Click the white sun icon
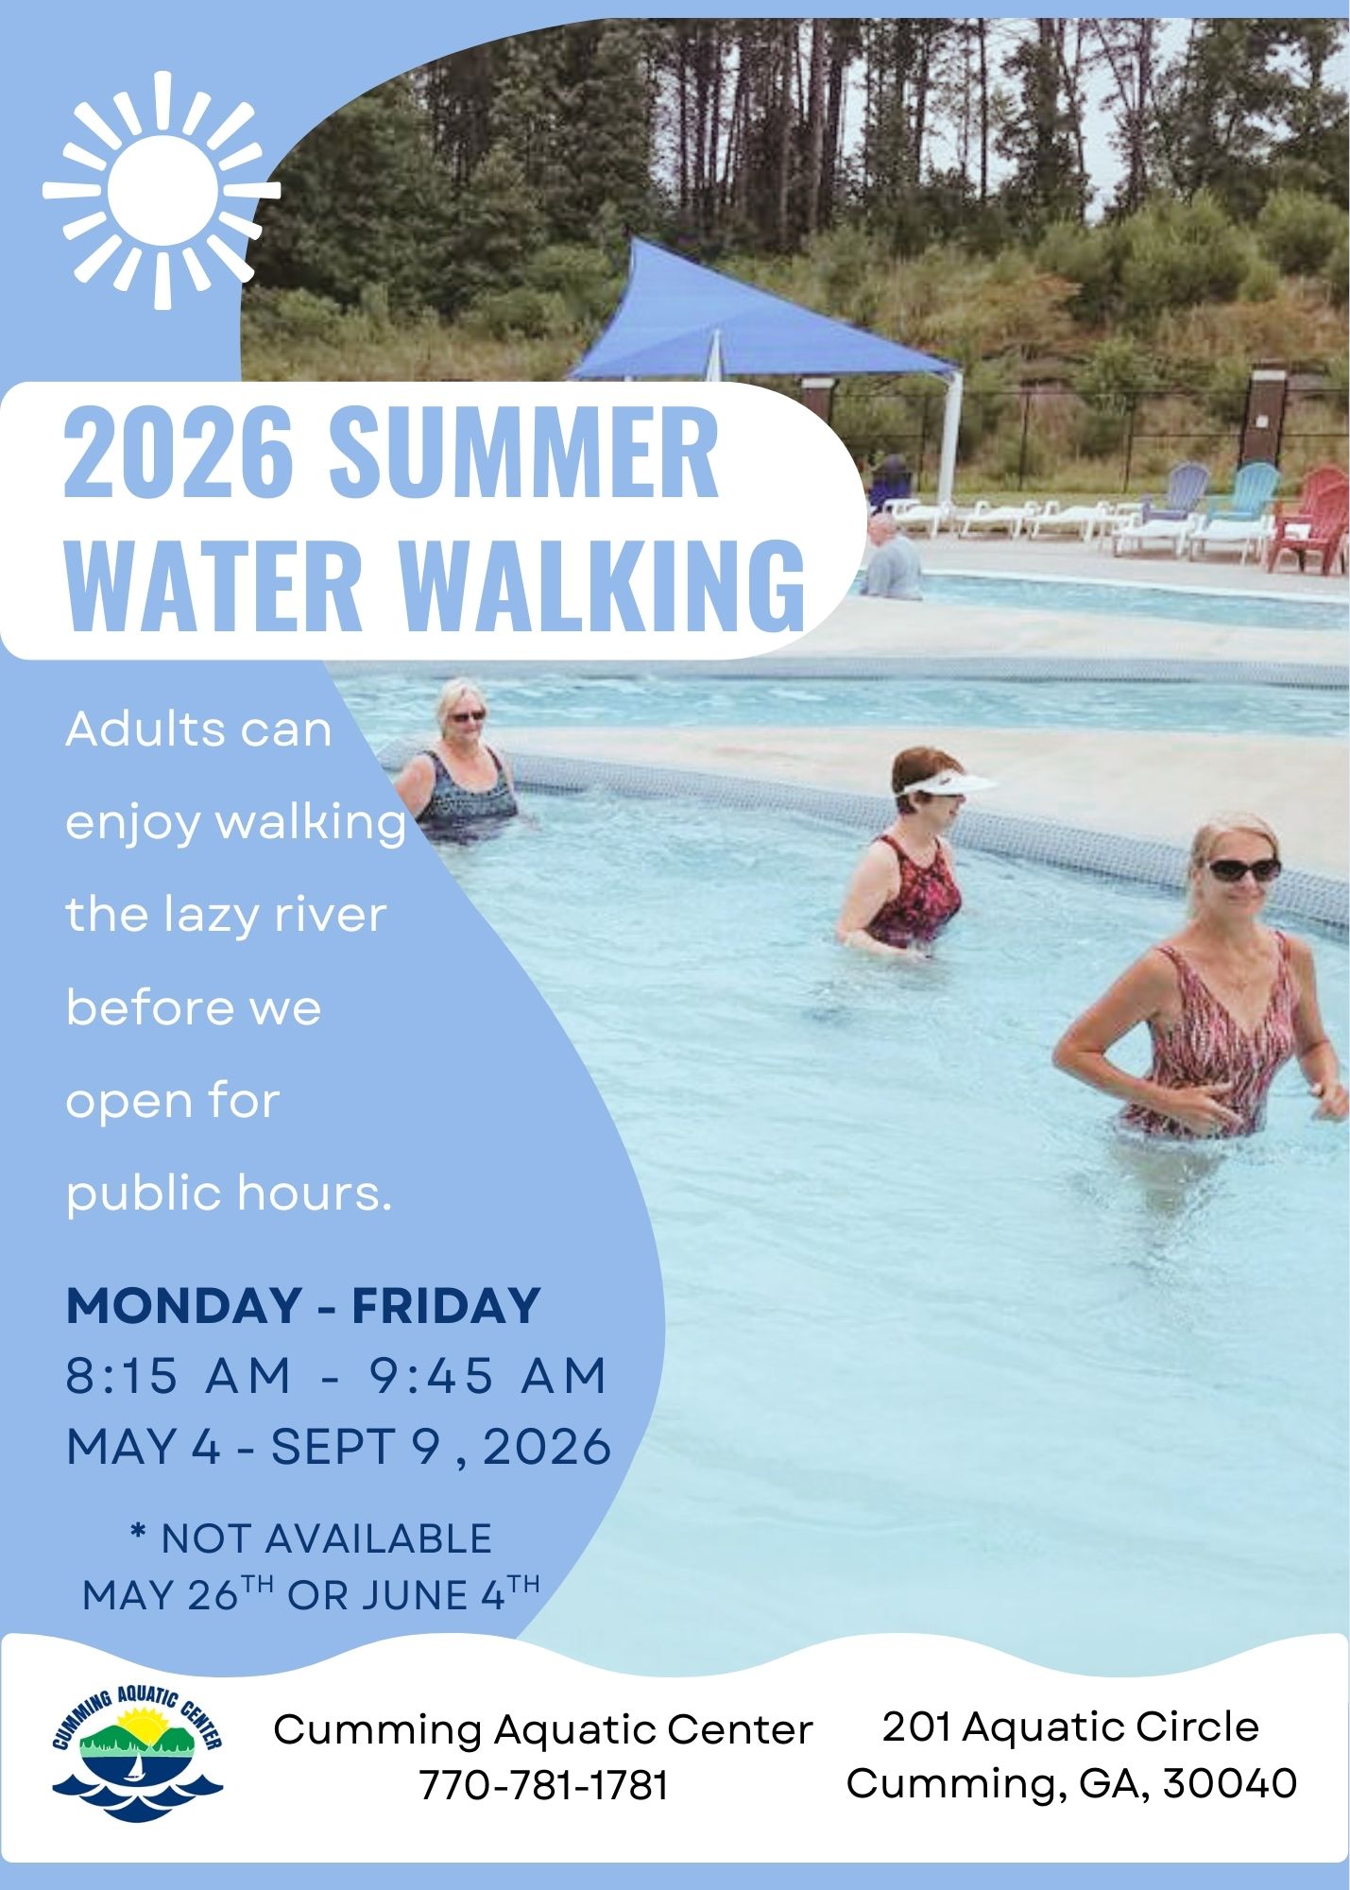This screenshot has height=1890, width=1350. (162, 190)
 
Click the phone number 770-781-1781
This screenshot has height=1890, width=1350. (543, 1785)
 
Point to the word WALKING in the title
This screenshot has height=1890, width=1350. (603, 586)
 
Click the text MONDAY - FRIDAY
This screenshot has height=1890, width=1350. (303, 1305)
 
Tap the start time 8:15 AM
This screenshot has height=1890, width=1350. (179, 1375)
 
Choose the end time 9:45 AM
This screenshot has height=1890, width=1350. (487, 1375)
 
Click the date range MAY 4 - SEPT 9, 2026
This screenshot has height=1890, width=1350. (339, 1447)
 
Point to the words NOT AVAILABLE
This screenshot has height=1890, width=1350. (327, 1538)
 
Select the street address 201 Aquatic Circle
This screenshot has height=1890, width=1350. (1071, 1727)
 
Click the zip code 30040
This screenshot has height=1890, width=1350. (1230, 1783)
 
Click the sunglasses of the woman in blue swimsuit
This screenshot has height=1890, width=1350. (467, 716)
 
